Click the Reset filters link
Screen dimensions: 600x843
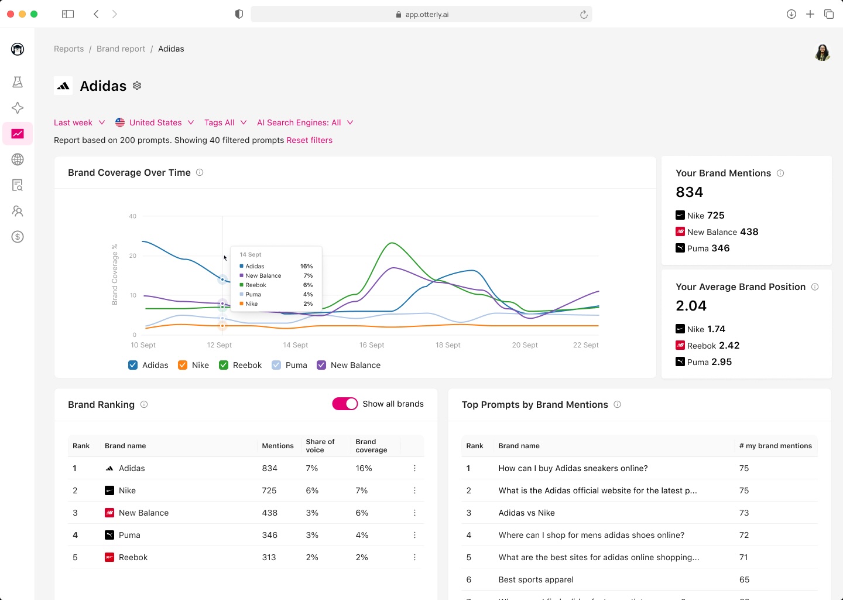309,140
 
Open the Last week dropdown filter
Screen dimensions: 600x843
79,122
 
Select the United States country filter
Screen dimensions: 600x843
155,122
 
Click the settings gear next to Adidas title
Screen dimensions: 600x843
137,86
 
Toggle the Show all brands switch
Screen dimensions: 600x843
345,404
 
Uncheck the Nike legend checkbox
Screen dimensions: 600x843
183,365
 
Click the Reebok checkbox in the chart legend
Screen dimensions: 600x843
224,365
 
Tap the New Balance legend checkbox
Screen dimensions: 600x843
321,365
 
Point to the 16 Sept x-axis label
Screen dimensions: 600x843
372,345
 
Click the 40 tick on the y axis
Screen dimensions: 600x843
133,216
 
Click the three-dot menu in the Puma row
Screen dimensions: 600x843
414,535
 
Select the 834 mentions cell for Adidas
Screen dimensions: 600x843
269,468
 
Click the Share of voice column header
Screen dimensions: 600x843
320,446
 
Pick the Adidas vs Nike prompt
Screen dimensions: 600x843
526,513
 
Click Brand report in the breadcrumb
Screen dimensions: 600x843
121,49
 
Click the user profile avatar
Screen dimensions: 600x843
823,52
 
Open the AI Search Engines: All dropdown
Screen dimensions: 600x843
304,122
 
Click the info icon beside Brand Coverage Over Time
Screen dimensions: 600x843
200,172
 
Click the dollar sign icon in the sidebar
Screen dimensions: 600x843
18,237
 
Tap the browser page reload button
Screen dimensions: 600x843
584,15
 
